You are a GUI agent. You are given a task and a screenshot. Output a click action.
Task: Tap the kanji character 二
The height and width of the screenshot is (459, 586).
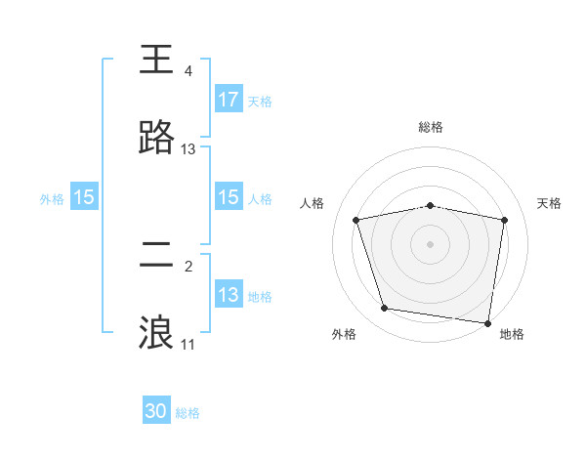(x=156, y=254)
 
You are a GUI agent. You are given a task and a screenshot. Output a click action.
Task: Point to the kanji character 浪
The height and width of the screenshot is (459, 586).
(x=156, y=332)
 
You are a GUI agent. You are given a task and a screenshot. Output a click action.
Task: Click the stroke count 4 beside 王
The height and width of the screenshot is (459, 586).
(x=188, y=71)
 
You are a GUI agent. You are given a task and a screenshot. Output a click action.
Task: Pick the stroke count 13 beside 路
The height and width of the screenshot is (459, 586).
(x=188, y=149)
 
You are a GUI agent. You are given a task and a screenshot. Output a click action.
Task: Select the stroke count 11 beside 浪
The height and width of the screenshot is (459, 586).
(x=188, y=345)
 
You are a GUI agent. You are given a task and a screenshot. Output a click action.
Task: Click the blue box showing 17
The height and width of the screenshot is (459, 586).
(x=229, y=100)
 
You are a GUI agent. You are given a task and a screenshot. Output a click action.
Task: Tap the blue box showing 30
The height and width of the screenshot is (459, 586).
(x=156, y=411)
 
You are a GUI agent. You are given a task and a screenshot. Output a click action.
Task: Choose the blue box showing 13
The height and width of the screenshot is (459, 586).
(x=229, y=295)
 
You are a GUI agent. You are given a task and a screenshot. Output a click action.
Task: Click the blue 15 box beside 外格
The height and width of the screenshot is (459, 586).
(x=84, y=197)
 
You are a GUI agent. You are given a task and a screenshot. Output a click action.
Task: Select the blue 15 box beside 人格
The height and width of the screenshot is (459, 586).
(x=229, y=197)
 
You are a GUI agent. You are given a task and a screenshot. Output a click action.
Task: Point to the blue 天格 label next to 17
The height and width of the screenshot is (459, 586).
(x=260, y=101)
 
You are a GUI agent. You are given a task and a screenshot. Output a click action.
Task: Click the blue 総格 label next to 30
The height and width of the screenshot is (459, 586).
(x=188, y=413)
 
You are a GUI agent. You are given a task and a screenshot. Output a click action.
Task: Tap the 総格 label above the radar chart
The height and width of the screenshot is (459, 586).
(x=431, y=127)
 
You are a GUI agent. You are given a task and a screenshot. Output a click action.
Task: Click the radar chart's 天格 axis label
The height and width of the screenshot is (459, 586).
(x=550, y=203)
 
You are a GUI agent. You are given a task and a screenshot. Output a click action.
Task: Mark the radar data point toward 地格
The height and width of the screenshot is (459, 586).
(x=487, y=322)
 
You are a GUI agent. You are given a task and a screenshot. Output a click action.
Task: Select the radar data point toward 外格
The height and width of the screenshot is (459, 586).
(x=384, y=309)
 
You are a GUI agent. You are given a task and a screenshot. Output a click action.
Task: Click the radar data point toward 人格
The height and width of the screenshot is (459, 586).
(x=356, y=220)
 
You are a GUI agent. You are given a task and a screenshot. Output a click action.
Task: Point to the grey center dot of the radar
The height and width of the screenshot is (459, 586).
(x=431, y=243)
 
